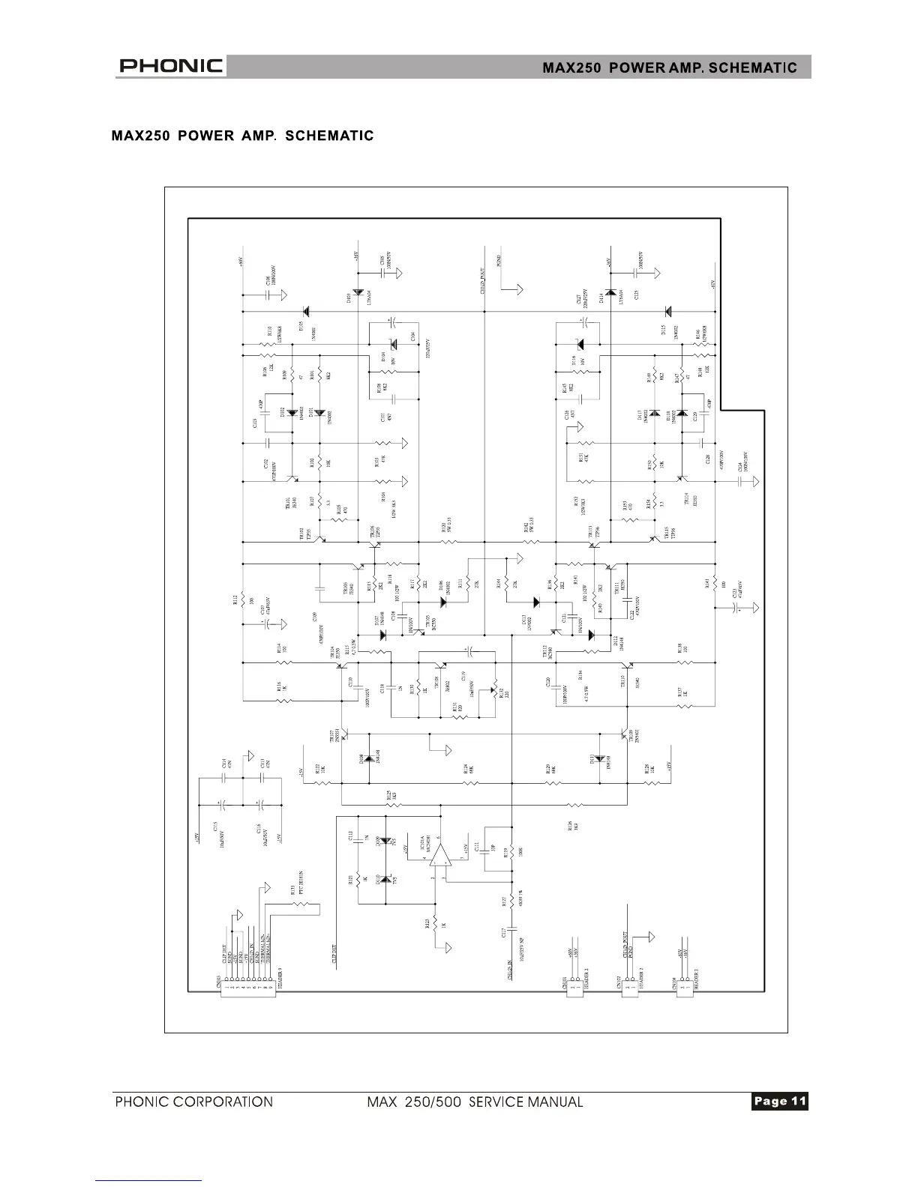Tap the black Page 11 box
pos(779,1101)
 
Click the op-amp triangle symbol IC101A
pos(441,855)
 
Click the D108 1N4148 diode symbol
pos(369,758)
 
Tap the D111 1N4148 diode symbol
pos(600,758)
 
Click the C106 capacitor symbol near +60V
pos(268,294)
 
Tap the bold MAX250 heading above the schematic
pos(242,136)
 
